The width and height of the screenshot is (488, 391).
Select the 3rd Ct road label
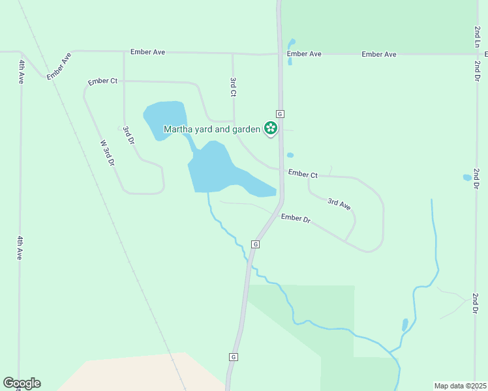pyautogui.click(x=233, y=87)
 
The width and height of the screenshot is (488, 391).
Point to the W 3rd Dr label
pyautogui.click(x=107, y=153)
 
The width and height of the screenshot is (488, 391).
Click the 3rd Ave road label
pyautogui.click(x=339, y=204)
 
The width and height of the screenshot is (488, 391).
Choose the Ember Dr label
pyautogui.click(x=296, y=218)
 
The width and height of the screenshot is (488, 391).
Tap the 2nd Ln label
pyautogui.click(x=477, y=36)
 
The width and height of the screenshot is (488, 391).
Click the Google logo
pyautogui.click(x=22, y=383)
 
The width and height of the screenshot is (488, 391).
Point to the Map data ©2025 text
pyautogui.click(x=459, y=386)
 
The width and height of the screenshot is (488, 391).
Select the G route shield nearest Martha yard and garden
pyautogui.click(x=280, y=113)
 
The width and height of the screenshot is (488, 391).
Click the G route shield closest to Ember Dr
pyautogui.click(x=256, y=244)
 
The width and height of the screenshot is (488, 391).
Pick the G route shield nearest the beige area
pyautogui.click(x=233, y=357)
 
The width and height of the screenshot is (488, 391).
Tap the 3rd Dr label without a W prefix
pyautogui.click(x=128, y=136)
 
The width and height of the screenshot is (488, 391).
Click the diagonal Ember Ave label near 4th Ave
pyautogui.click(x=58, y=66)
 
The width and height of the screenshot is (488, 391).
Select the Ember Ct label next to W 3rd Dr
pyautogui.click(x=103, y=81)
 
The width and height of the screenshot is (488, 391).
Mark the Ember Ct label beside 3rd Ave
pyautogui.click(x=303, y=175)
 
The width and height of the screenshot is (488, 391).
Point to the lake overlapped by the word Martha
pyautogui.click(x=164, y=114)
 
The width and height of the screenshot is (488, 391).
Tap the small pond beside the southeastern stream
pyautogui.click(x=405, y=325)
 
